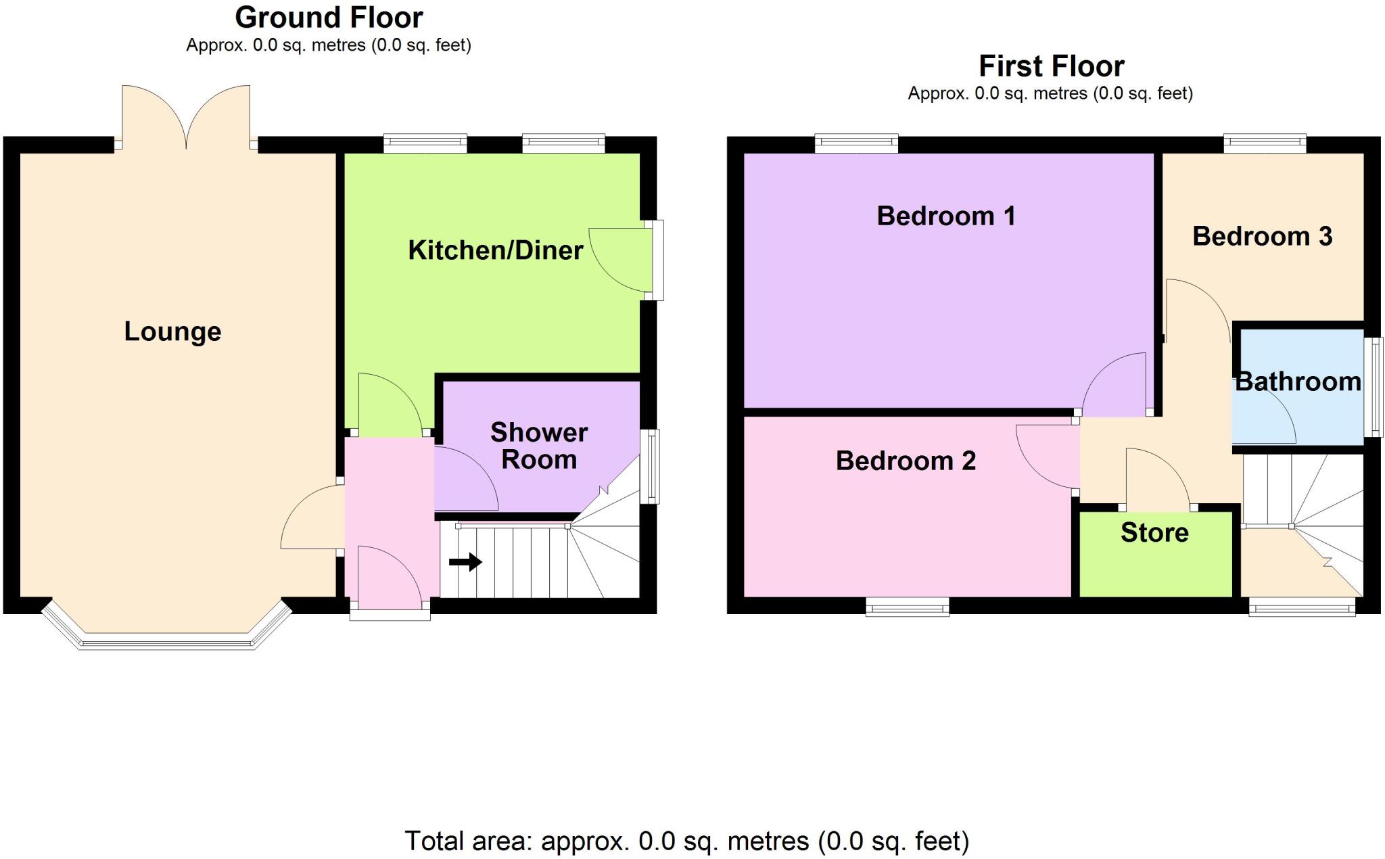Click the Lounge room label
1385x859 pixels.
pyautogui.click(x=172, y=331)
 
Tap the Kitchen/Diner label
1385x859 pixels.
pyautogui.click(x=495, y=250)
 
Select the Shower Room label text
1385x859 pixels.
pyautogui.click(x=539, y=446)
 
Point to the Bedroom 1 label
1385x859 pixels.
pyautogui.click(x=945, y=216)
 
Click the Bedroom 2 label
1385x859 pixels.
pyautogui.click(x=906, y=461)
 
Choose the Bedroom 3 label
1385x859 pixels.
pyautogui.click(x=1262, y=237)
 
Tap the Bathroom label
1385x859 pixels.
pyautogui.click(x=1298, y=382)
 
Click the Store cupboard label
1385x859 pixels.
pyautogui.click(x=1154, y=533)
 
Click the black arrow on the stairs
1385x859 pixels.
pyautogui.click(x=465, y=562)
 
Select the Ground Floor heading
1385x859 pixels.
pyautogui.click(x=329, y=18)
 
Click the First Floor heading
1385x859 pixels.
pyautogui.click(x=1051, y=66)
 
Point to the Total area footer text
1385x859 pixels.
pyautogui.click(x=686, y=841)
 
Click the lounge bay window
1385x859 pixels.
pyautogui.click(x=166, y=639)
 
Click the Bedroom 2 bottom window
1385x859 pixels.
pyautogui.click(x=908, y=609)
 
